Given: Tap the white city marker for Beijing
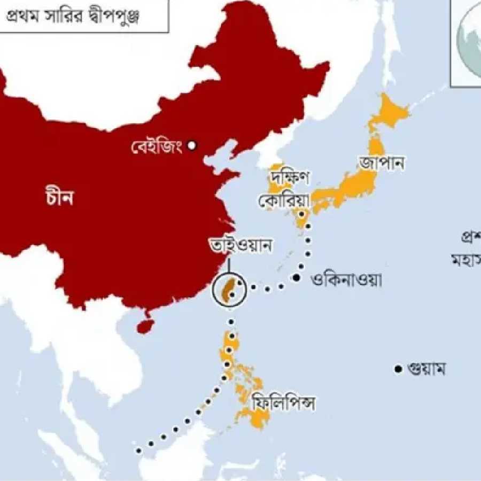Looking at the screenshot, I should coord(192,145).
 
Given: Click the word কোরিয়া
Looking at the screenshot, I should coord(284,201).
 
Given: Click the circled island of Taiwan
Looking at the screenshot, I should coord(229,290).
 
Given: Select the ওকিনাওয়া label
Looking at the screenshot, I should coord(346,280).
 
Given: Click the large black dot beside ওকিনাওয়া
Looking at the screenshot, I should coord(296,277).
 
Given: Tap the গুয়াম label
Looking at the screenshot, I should coord(426,369).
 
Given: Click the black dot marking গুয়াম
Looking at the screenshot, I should coord(398,369).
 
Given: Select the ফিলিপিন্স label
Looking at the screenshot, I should coord(283,402).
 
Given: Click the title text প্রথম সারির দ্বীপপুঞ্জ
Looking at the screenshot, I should coord(80,17).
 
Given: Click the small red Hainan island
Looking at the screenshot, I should coord(143,325).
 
